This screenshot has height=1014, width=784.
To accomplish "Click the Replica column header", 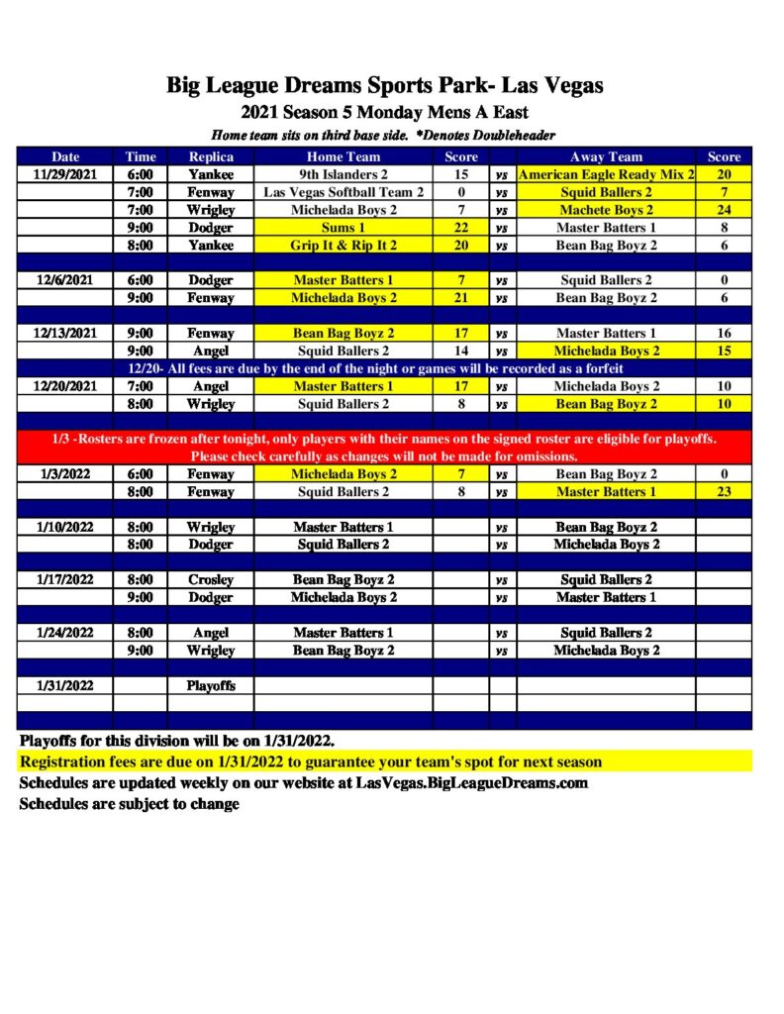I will click(211, 156).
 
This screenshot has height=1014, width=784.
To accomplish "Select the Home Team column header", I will click(343, 156).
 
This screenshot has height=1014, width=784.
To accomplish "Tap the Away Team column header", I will click(606, 156).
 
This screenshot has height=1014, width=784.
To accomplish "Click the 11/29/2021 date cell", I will click(65, 174).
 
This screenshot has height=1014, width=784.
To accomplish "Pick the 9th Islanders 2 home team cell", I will click(343, 174).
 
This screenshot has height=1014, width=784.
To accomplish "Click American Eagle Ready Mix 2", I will click(606, 174).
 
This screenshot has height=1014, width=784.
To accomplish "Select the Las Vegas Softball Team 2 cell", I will click(343, 192).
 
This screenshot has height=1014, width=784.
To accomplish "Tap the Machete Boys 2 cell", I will click(606, 210).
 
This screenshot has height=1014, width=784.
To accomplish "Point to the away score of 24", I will click(724, 210).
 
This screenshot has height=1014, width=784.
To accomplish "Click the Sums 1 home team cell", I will click(343, 228).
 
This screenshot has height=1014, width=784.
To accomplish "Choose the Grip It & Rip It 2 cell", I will click(343, 246).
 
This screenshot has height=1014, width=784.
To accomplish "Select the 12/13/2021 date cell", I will click(65, 334).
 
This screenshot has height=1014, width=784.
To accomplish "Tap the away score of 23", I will click(724, 492).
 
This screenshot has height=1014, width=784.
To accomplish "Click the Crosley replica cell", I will click(211, 579).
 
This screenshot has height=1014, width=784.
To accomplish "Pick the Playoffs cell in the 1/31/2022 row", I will click(211, 685).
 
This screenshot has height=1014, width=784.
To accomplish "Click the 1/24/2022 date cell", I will click(65, 633).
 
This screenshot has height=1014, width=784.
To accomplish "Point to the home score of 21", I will click(460, 298).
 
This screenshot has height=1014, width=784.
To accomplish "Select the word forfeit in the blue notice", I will click(601, 368).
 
